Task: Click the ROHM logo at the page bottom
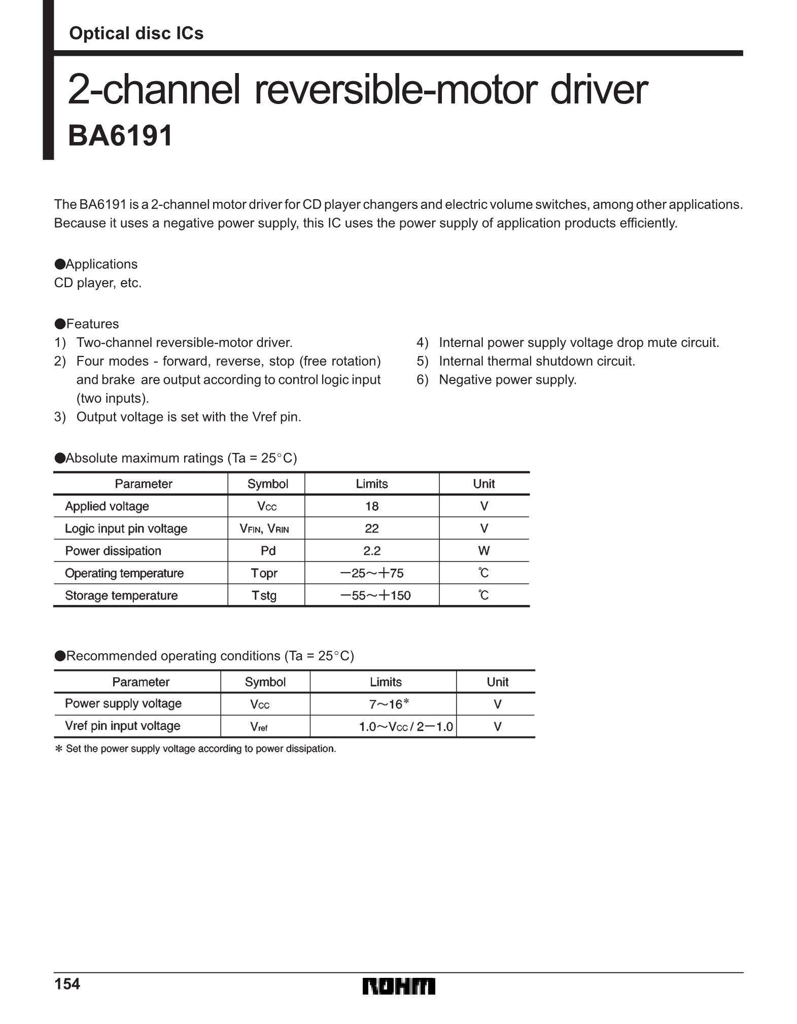[x=399, y=986]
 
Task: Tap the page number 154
[x=67, y=984]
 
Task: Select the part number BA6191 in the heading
[x=121, y=136]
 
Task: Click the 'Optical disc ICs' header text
[x=136, y=33]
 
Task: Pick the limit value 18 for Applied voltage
[x=372, y=506]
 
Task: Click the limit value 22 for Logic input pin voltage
[x=372, y=528]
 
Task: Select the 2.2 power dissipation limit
[x=372, y=551]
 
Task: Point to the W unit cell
[x=484, y=551]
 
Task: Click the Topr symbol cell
[x=264, y=573]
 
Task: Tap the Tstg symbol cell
[x=264, y=595]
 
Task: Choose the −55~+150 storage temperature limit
[x=375, y=595]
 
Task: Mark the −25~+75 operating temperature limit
[x=372, y=573]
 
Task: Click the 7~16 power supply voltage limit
[x=389, y=704]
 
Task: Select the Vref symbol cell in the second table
[x=259, y=727]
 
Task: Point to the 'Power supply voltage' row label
[x=123, y=703]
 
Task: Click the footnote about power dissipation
[x=195, y=749]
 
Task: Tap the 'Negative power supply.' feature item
[x=507, y=380]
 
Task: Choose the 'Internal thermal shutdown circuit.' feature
[x=537, y=361]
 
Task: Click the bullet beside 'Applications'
[x=60, y=264]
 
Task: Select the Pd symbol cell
[x=268, y=551]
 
